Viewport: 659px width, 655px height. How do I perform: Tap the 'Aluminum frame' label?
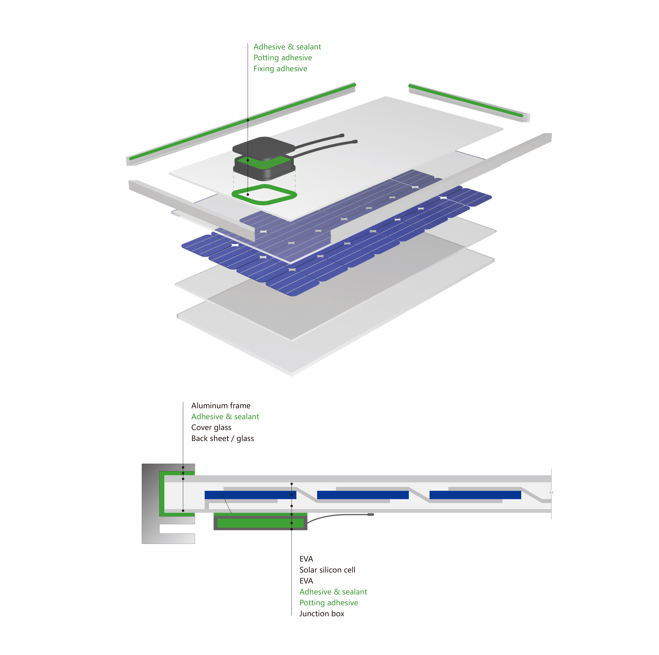[221, 406]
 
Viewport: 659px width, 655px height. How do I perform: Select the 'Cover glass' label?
[211, 427]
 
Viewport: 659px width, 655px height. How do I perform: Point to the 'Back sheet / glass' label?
[222, 438]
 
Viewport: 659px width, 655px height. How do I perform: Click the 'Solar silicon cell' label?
[327, 570]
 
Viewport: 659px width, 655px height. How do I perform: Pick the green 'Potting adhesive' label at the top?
[282, 58]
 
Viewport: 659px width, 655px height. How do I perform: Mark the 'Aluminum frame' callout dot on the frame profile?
[183, 467]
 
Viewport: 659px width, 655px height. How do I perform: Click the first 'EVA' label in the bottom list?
[306, 559]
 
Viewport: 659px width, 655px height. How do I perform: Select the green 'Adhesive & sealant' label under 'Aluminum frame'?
[225, 417]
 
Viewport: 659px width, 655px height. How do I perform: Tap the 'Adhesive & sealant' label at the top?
[287, 47]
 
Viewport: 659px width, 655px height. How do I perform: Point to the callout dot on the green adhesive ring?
[248, 194]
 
